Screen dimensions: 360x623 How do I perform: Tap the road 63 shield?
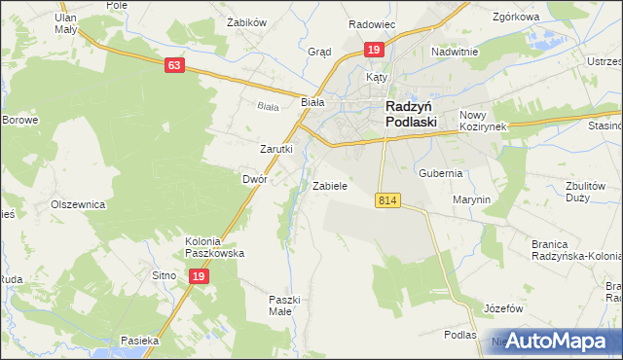[174, 65]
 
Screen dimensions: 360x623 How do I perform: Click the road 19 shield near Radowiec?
[373, 49]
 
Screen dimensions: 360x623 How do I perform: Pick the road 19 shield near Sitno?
[198, 276]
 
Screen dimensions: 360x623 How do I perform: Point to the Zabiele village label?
[330, 185]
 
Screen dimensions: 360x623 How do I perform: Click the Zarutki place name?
[275, 149]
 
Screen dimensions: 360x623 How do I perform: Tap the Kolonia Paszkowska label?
[214, 247]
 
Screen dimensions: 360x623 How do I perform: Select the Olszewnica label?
[78, 205]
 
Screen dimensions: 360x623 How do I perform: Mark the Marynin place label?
[471, 199]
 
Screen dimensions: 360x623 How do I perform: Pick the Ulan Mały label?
[66, 23]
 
